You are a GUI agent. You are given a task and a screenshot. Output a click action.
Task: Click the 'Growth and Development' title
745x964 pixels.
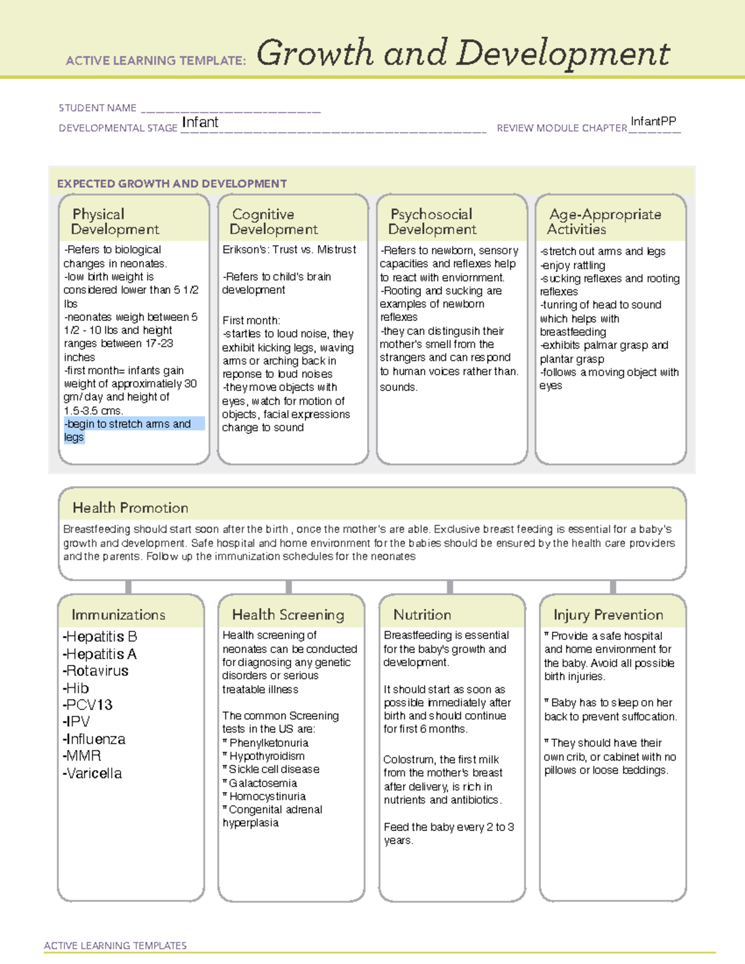[x=463, y=53]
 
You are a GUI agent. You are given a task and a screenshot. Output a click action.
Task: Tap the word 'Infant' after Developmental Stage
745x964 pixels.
[x=200, y=122]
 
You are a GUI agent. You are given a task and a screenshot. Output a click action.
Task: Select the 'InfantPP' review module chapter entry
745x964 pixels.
[x=653, y=121]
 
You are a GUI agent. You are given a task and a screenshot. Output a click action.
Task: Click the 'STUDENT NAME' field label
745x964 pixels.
[x=97, y=108]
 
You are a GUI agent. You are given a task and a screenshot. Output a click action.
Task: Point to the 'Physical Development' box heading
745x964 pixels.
[x=115, y=222]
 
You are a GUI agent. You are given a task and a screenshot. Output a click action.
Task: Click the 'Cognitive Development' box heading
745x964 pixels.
[x=273, y=222]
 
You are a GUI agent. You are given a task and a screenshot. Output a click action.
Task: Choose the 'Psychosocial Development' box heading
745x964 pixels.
[x=432, y=222]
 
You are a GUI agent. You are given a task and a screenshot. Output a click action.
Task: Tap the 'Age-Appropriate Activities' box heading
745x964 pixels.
[x=605, y=222]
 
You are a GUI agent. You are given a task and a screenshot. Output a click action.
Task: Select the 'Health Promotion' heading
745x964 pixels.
[x=130, y=508]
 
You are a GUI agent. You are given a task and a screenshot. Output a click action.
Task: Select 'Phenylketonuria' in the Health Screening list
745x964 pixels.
[x=268, y=743]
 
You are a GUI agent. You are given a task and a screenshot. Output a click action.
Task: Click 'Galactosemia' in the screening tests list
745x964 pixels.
[x=263, y=783]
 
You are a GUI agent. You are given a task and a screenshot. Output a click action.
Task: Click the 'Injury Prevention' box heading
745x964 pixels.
[x=608, y=615]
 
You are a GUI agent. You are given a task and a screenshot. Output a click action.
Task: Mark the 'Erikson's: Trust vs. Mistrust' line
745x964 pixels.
[x=289, y=250]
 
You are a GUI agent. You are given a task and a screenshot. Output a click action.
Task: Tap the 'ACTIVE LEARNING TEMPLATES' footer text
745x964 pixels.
[x=115, y=945]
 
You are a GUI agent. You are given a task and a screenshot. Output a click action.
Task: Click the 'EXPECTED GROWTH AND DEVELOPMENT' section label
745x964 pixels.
[x=172, y=184]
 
